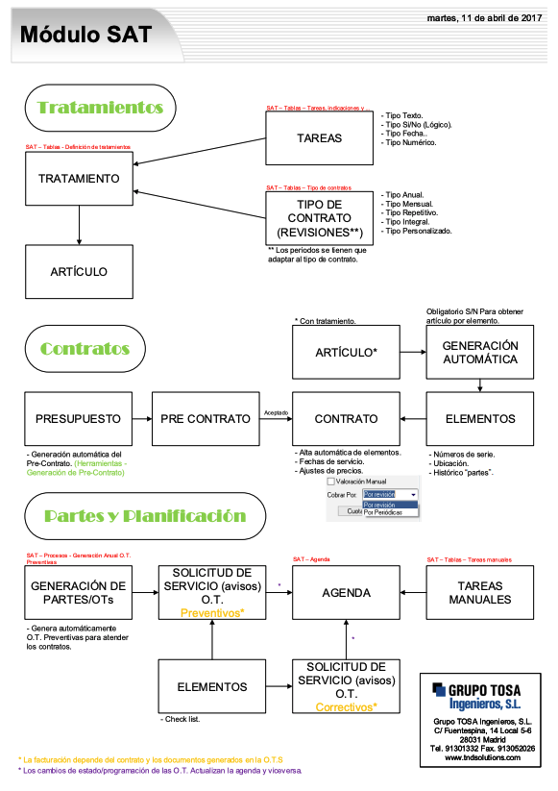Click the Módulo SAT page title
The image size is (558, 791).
pyautogui.click(x=86, y=35)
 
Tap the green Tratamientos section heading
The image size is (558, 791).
pyautogui.click(x=100, y=108)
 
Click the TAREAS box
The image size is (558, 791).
pyautogui.click(x=319, y=138)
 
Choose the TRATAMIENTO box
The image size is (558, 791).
pyautogui.click(x=79, y=179)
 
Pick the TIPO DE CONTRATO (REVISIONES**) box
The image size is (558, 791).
pyautogui.click(x=319, y=218)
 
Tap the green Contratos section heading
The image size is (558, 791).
pyautogui.click(x=85, y=348)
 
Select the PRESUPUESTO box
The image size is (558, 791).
pyautogui.click(x=79, y=419)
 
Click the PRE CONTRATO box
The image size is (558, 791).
pyautogui.click(x=206, y=419)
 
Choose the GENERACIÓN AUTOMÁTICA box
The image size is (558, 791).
pyautogui.click(x=480, y=353)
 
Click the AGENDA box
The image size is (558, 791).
pyautogui.click(x=346, y=593)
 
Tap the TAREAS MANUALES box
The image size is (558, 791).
pyautogui.click(x=480, y=593)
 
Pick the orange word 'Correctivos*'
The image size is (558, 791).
pyautogui.click(x=346, y=707)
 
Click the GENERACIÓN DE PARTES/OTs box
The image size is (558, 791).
pyautogui.click(x=79, y=593)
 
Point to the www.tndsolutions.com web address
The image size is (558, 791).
pyautogui.click(x=482, y=757)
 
